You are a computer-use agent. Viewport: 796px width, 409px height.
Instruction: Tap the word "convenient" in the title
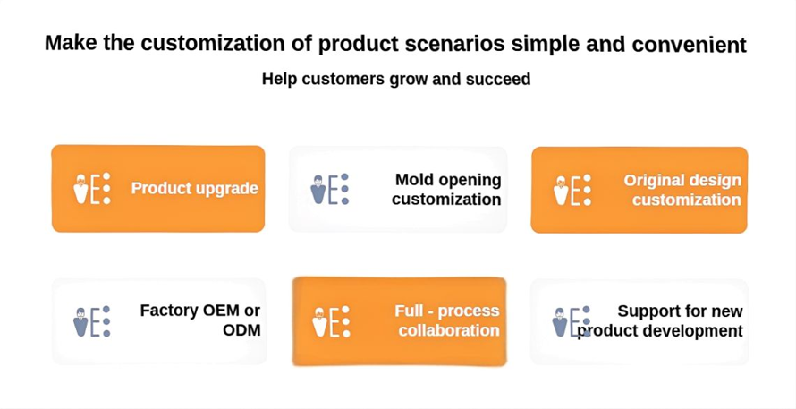tap(689, 44)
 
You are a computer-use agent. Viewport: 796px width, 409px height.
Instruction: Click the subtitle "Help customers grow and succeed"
tap(396, 80)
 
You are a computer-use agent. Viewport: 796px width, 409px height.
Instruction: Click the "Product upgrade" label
tap(195, 189)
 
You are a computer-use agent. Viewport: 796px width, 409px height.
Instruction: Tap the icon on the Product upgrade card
tap(92, 189)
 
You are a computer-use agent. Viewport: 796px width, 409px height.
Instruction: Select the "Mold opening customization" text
tap(446, 190)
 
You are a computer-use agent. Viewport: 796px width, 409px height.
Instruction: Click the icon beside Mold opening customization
tap(329, 189)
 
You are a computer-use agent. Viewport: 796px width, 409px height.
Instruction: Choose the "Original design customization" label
tap(682, 190)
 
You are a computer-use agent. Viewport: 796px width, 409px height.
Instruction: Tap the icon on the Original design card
tap(572, 190)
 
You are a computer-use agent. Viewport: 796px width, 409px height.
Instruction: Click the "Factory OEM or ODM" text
tap(200, 320)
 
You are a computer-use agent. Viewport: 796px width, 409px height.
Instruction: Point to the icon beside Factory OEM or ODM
tap(92, 321)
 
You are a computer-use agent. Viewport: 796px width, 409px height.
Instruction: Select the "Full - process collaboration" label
tap(447, 320)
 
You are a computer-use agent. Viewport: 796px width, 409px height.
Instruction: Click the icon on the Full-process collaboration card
tap(332, 321)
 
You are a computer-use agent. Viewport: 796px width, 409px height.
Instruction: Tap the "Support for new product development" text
tap(660, 320)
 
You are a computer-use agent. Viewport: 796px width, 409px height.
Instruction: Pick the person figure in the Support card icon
tap(559, 322)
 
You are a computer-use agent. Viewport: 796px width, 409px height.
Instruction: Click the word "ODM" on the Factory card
tap(241, 330)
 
